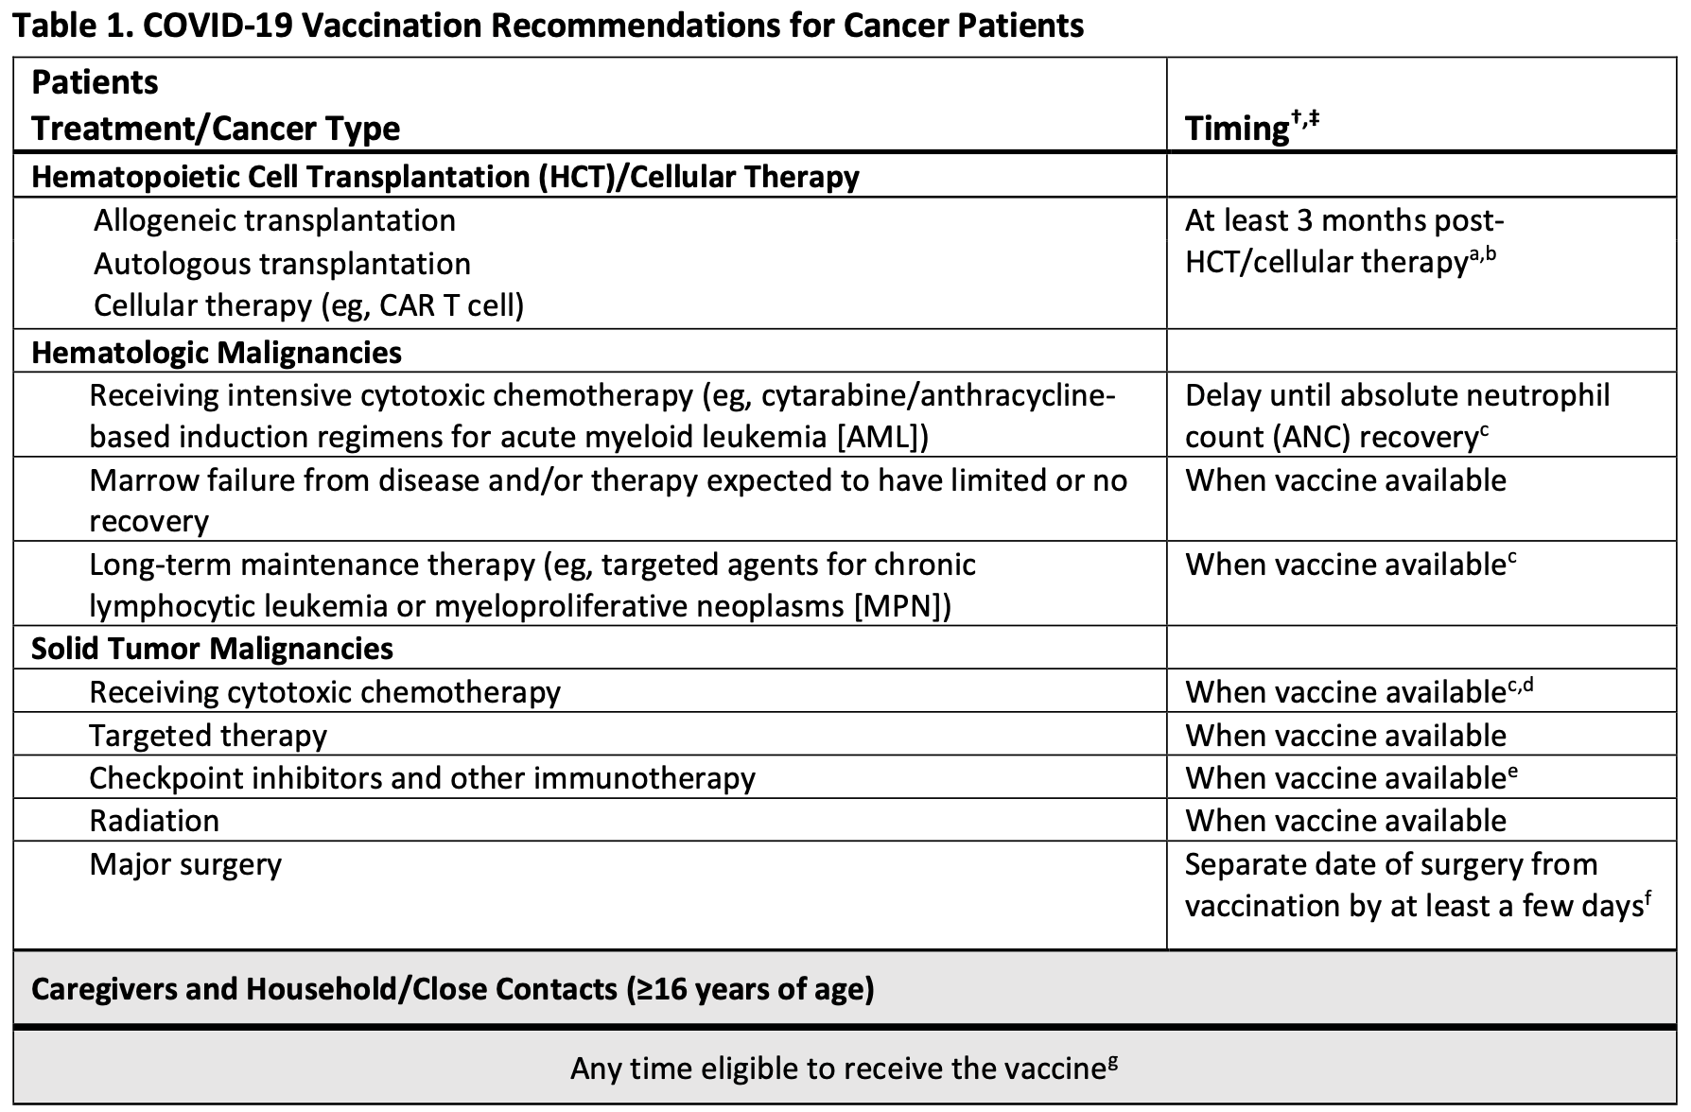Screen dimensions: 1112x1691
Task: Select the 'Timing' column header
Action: [1236, 128]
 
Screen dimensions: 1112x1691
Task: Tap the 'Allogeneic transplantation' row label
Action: [274, 220]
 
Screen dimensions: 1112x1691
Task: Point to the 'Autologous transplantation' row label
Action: [282, 263]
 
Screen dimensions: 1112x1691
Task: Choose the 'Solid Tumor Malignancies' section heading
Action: [213, 648]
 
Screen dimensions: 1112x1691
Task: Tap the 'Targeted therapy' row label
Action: [208, 735]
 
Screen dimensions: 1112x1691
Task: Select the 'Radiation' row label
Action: [154, 820]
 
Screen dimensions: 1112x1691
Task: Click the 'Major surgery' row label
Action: [185, 863]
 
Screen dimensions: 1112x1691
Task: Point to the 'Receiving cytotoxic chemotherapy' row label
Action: [324, 691]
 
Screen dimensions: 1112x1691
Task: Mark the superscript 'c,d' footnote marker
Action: [1520, 685]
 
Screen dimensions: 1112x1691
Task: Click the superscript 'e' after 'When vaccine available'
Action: [1513, 771]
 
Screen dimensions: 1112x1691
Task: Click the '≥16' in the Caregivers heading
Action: [662, 988]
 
